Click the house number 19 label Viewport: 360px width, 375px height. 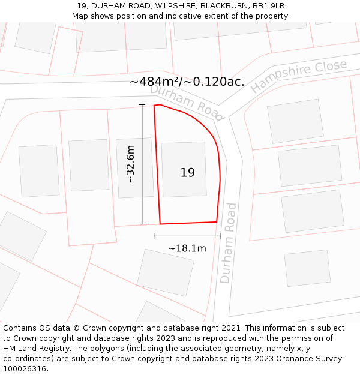pos(187,173)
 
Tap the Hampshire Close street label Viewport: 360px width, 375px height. pos(298,76)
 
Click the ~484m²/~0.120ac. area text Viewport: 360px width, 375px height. pos(187,82)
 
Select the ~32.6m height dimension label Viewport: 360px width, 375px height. pos(130,164)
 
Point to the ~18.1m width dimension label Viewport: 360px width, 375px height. pos(187,248)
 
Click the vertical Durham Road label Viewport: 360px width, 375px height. pos(228,243)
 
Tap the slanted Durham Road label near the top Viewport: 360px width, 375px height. pos(186,102)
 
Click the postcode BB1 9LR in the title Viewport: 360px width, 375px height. pos(268,6)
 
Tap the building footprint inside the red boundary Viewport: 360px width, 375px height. pos(184,169)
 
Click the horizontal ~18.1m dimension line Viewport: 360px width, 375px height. pos(187,236)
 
